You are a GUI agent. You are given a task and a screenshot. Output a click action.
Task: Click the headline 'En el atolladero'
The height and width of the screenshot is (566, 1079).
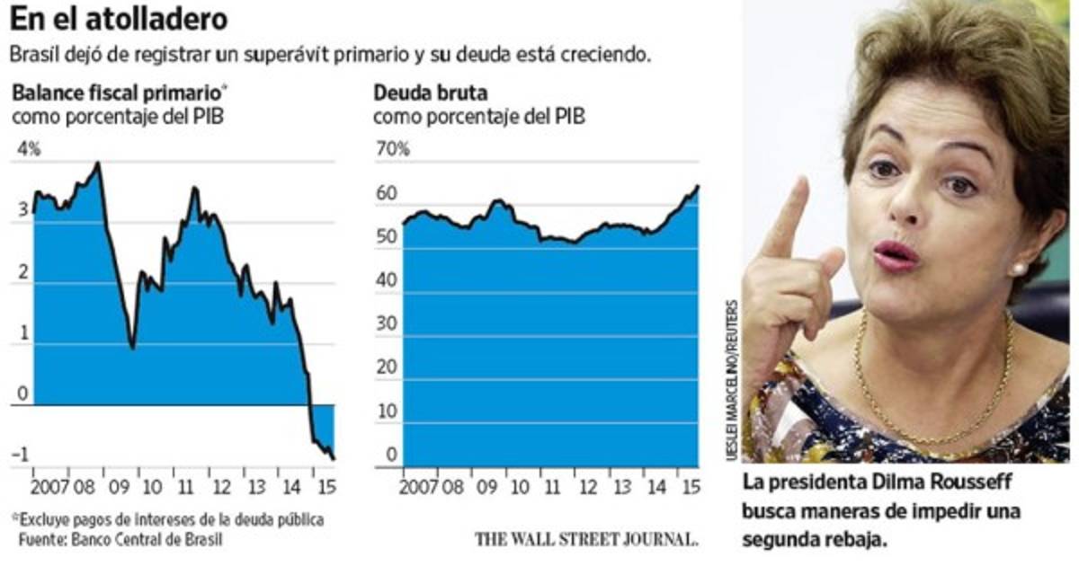tap(119, 17)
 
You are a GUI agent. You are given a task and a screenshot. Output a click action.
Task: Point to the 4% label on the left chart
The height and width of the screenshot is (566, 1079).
tap(29, 149)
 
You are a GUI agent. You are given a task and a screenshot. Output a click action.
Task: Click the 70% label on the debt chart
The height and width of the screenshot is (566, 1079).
tap(393, 149)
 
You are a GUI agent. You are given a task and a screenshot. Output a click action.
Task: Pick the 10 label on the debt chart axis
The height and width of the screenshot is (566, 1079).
tap(388, 411)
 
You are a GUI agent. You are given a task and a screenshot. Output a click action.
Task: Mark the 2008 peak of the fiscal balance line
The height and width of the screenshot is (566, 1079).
tap(97, 164)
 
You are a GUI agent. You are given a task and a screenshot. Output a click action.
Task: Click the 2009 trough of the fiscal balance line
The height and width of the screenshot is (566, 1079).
tap(133, 347)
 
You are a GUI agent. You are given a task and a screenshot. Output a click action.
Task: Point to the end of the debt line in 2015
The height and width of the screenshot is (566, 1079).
tap(698, 186)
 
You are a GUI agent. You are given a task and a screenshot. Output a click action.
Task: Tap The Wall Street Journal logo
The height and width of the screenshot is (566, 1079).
tap(587, 539)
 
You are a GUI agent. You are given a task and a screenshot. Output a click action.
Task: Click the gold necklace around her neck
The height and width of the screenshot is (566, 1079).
tap(935, 422)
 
